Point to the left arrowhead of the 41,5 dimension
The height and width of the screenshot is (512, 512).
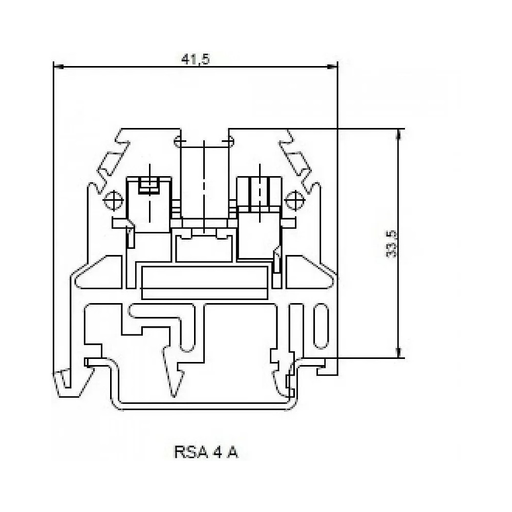pyautogui.click(x=57, y=66)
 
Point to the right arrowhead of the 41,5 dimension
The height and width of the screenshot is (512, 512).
pyautogui.click(x=334, y=66)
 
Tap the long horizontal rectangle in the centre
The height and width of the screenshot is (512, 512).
pyautogui.click(x=204, y=282)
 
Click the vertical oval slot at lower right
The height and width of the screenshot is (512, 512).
pyautogui.click(x=319, y=327)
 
